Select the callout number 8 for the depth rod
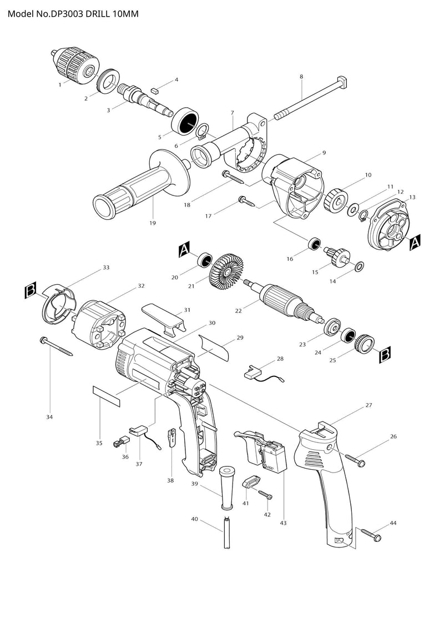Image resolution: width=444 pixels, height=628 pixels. coord(301,77)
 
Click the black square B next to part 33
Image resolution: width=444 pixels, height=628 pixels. coord(31,289)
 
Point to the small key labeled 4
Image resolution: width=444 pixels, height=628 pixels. coord(155,88)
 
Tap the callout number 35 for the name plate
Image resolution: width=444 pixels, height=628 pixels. coord(99,443)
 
